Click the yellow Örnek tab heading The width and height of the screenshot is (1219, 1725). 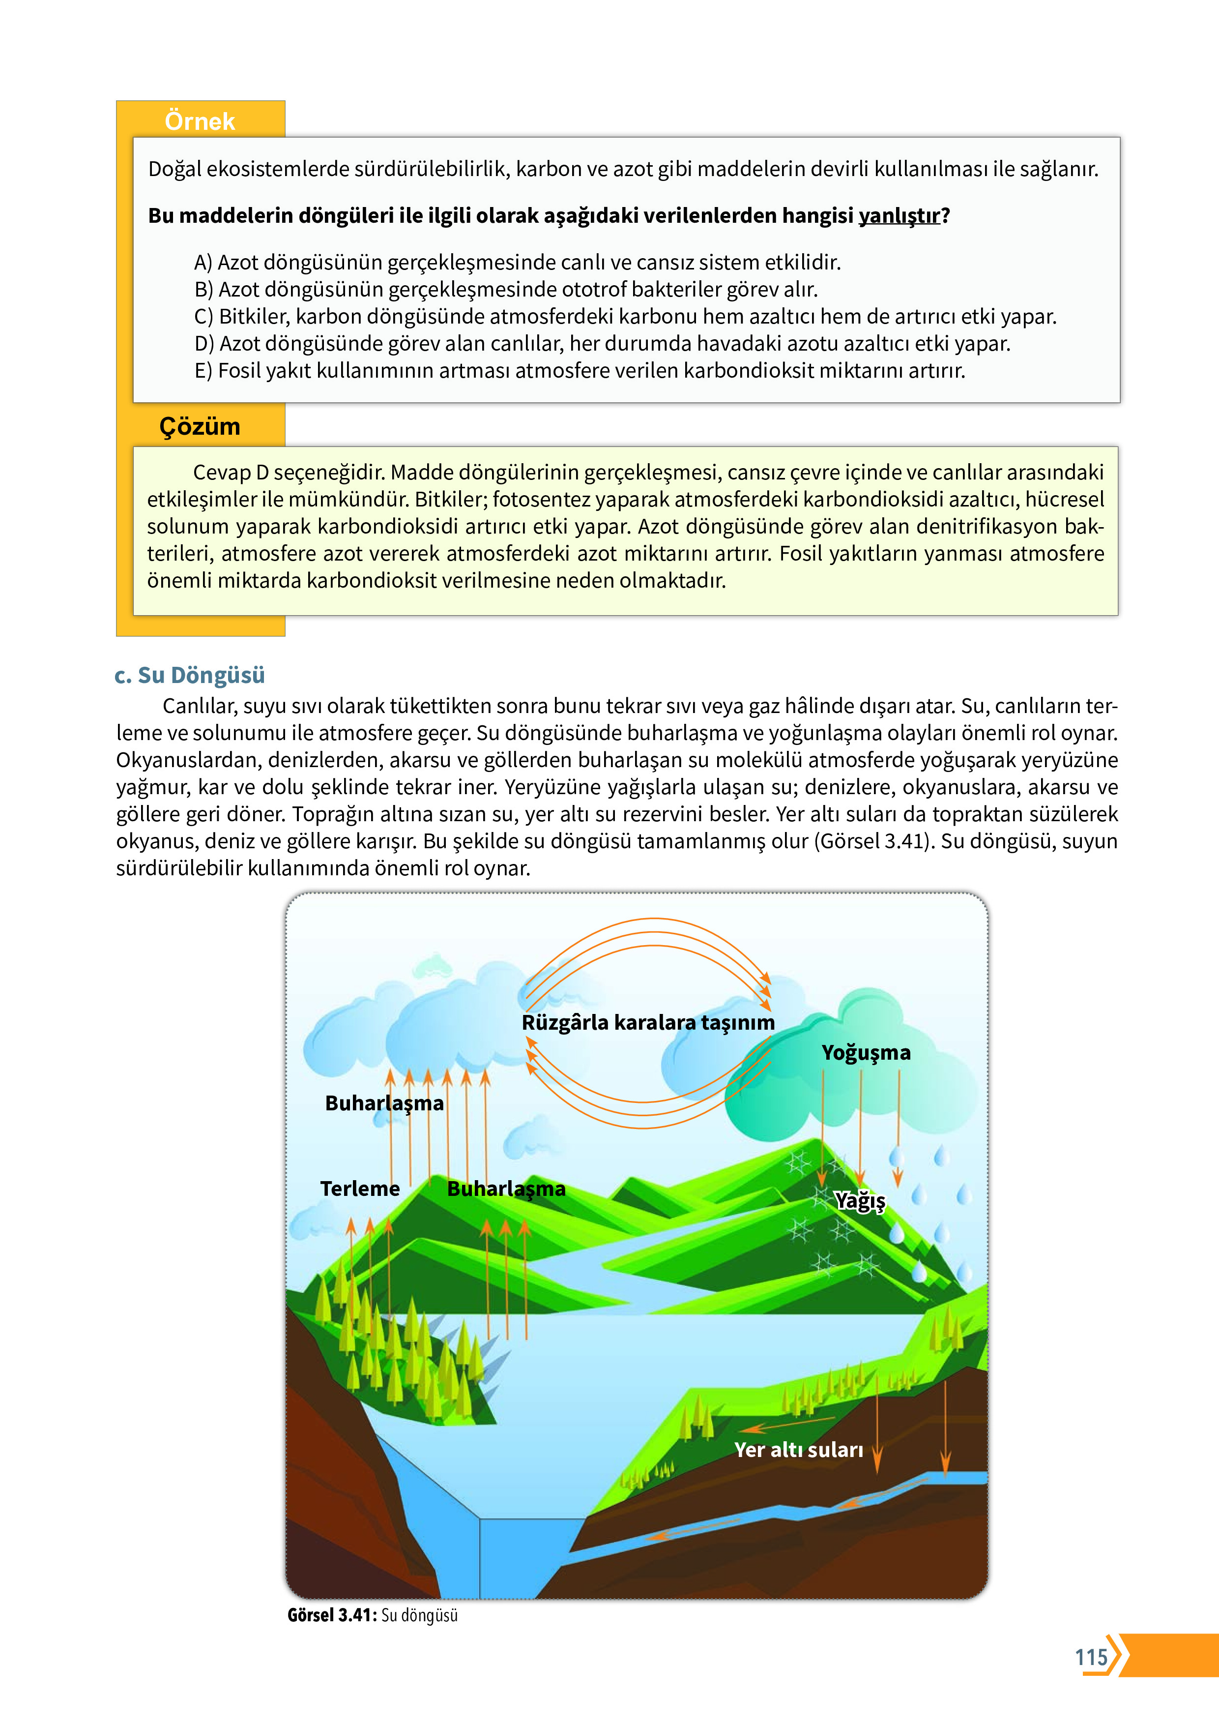[199, 121]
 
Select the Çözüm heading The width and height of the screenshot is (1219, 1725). [200, 426]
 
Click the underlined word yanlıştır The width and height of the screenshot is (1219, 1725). [899, 215]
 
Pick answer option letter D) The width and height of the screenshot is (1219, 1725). [204, 343]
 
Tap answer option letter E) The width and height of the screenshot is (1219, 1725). [203, 370]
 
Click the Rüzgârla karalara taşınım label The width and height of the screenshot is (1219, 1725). [647, 1022]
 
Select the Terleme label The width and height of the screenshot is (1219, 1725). [360, 1189]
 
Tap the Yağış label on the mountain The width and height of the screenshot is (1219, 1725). [861, 1201]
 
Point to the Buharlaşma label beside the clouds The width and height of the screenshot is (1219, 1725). [384, 1103]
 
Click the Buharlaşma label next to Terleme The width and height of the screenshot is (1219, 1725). [506, 1189]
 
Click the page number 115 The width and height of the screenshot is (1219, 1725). [1091, 1657]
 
